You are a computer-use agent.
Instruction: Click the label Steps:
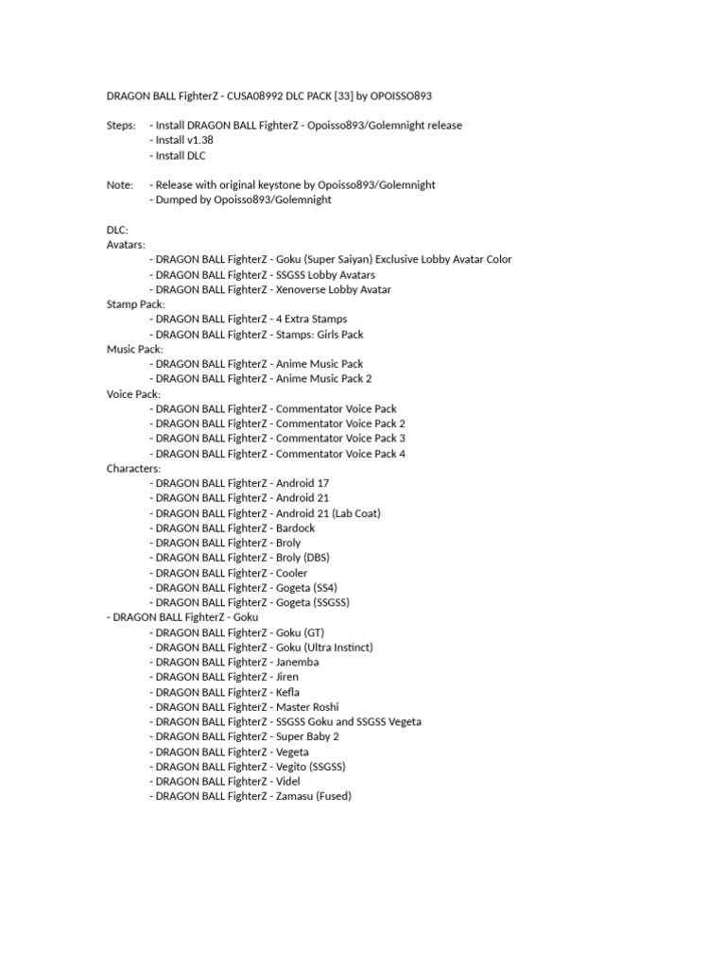click(121, 126)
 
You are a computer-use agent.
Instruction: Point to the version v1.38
click(196, 141)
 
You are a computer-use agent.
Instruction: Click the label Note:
click(120, 185)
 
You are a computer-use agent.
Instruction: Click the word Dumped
click(177, 200)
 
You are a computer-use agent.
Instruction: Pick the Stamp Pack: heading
click(135, 304)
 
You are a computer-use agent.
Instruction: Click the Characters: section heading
click(133, 468)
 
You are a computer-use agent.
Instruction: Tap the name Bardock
click(295, 527)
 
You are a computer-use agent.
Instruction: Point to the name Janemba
click(297, 662)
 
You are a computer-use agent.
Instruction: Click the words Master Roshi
click(307, 706)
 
